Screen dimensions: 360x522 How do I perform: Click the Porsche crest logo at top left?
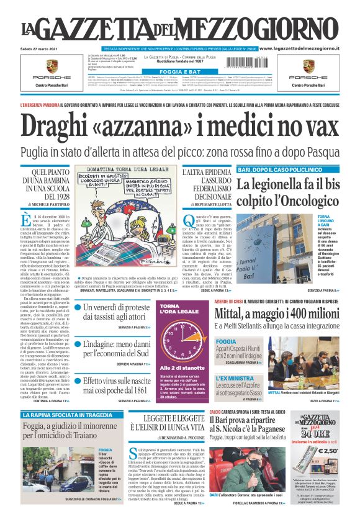(x=52, y=68)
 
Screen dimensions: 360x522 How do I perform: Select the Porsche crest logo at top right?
(x=310, y=68)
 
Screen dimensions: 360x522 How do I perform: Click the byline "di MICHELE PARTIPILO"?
(x=48, y=204)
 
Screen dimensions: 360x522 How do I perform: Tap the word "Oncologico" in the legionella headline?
(x=301, y=200)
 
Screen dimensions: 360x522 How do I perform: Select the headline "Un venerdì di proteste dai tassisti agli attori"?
(x=113, y=312)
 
